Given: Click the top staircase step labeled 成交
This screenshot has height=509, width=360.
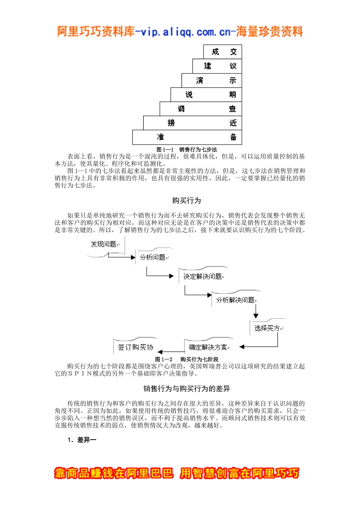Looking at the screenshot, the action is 223,52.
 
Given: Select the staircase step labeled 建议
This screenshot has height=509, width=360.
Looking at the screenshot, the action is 217,66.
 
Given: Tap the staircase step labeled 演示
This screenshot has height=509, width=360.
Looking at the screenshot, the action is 212,80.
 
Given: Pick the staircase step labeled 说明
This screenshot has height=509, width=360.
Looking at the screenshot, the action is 206,94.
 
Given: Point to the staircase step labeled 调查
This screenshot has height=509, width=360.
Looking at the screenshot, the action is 201,109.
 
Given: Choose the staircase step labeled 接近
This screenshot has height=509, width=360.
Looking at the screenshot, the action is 193,123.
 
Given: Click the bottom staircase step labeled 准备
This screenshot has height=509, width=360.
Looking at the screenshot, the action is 187,137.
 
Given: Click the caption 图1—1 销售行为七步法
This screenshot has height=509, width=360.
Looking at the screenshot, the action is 187,150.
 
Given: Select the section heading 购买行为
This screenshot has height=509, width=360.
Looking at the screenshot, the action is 186,200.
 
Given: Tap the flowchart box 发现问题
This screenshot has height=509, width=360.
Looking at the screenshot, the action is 103,244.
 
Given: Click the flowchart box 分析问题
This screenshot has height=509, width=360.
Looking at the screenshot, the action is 153,258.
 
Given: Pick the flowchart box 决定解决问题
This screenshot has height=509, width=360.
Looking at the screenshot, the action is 203,276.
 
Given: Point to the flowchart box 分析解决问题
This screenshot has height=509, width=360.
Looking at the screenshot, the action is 235,300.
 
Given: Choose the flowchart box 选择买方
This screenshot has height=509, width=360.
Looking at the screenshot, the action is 267,328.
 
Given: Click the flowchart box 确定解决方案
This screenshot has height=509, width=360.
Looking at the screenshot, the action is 208,347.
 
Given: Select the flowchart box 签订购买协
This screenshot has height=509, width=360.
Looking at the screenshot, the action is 135,347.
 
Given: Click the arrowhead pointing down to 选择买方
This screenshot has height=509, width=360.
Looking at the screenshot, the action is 256,315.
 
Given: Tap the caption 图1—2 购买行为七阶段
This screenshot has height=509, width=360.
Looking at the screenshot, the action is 187,359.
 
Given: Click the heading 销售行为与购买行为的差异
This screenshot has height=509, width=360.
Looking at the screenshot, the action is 186,389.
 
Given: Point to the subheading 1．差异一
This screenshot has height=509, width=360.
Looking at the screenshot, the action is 82,440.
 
